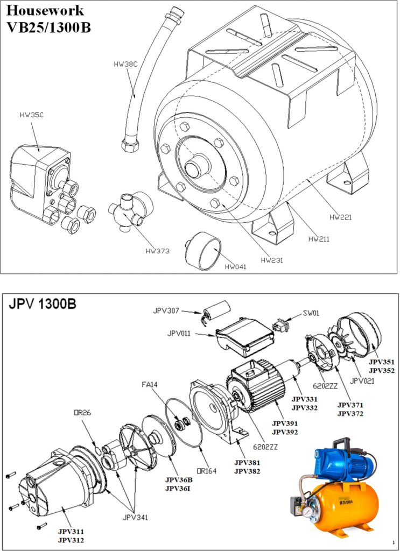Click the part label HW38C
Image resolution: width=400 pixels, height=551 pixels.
tap(125, 64)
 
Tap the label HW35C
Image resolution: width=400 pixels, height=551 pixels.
tap(31, 115)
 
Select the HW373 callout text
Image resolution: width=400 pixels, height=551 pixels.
tap(157, 251)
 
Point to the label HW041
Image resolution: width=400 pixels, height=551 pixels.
tap(236, 266)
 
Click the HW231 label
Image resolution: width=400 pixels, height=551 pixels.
tap(272, 260)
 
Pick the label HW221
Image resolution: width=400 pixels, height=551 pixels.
tap(340, 217)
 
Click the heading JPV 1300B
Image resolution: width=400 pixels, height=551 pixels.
tap(43, 304)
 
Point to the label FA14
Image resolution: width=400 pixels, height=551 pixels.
tap(150, 385)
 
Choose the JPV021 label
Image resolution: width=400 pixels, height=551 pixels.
tap(362, 381)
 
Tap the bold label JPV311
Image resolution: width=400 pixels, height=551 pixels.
tap(71, 531)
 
